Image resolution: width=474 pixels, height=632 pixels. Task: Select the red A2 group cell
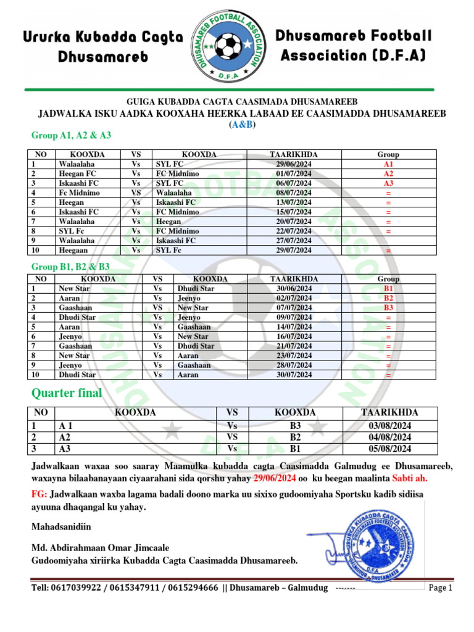[388, 174]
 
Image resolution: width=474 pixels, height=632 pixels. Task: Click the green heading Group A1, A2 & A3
[71, 135]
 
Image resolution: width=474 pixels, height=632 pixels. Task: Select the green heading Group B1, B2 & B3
[70, 267]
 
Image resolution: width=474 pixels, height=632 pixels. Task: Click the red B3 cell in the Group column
[388, 308]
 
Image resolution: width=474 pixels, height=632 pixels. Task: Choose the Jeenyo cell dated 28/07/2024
[70, 365]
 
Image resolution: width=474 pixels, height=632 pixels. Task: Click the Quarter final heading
[67, 394]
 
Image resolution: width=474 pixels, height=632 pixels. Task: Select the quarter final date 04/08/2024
[389, 438]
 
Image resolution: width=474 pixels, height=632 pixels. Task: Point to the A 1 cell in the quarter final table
[66, 426]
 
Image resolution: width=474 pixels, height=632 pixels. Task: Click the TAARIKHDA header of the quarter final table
[389, 413]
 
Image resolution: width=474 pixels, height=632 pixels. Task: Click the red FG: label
[39, 494]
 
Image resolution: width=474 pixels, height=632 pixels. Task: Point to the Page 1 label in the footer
[441, 588]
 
